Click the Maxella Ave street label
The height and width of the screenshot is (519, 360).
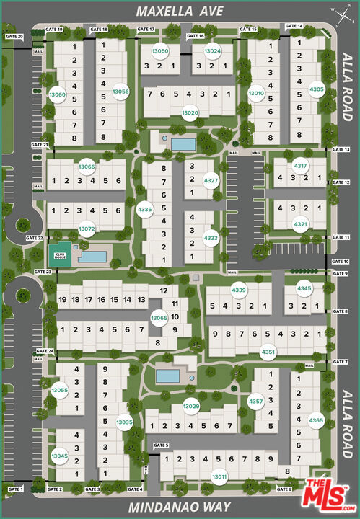[180, 11]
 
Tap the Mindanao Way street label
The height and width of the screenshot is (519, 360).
[180, 507]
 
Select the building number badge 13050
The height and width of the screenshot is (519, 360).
[160, 51]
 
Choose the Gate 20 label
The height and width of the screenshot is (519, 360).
[14, 36]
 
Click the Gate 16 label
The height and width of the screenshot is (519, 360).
[196, 36]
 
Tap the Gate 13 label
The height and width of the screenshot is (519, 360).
[341, 150]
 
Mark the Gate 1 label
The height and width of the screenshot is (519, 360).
[16, 489]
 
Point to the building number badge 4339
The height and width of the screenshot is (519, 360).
[239, 290]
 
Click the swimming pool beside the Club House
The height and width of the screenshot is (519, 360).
[92, 256]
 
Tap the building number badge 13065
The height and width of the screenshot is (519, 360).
[159, 318]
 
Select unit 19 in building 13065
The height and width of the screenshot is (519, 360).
[63, 299]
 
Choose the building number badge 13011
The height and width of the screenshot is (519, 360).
[219, 477]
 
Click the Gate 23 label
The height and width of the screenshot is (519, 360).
[43, 272]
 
